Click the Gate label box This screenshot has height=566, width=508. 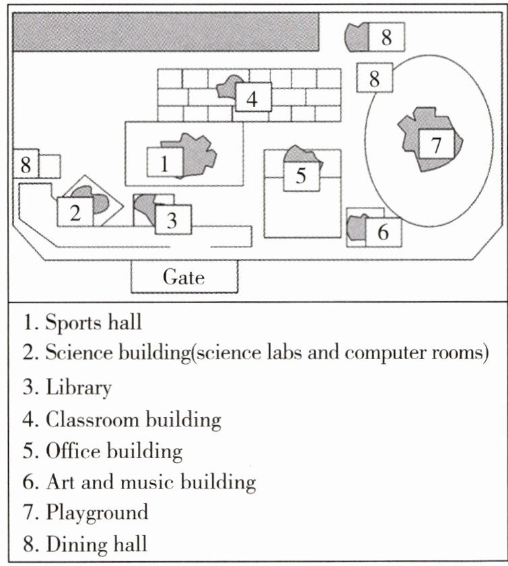point(184,277)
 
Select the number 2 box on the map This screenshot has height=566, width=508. point(75,213)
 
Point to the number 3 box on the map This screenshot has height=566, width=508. point(173,219)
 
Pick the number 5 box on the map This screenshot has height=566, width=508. point(301,176)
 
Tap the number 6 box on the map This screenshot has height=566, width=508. point(383,232)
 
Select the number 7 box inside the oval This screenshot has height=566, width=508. point(435,144)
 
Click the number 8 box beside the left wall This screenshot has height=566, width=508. point(26,164)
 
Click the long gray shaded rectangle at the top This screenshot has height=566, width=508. point(166,32)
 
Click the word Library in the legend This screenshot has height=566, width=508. point(78,387)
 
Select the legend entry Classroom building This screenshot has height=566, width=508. point(133,419)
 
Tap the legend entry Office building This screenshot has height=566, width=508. point(114,451)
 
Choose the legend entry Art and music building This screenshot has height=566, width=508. point(151,482)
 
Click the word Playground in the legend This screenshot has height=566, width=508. point(97,513)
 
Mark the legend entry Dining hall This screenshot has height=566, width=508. point(96,544)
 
